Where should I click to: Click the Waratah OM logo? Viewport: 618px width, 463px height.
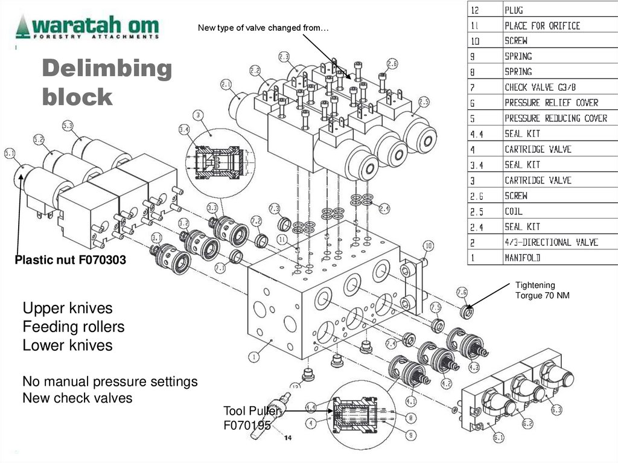pos(88,28)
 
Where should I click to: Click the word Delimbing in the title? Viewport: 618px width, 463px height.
pos(107,69)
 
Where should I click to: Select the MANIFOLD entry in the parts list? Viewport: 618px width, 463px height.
pos(523,258)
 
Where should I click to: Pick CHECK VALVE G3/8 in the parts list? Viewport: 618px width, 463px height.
pos(540,88)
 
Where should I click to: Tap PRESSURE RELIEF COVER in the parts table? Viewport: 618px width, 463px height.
pos(551,103)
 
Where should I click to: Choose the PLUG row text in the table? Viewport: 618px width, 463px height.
pos(514,10)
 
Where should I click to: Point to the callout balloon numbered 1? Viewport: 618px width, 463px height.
pos(254,357)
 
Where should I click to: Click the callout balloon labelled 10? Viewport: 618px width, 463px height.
pos(428,246)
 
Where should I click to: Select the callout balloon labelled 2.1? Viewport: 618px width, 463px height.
pos(226,84)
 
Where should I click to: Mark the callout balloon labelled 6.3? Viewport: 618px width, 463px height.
pos(556,410)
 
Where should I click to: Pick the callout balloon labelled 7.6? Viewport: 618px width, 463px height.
pos(462,292)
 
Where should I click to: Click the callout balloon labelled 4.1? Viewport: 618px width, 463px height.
pos(411,400)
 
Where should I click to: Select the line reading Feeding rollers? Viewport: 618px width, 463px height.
pos(74,327)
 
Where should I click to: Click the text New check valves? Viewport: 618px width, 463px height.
pos(77,398)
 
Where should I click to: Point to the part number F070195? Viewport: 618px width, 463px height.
pos(247,425)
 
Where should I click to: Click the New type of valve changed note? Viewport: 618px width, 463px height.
pos(263,28)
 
